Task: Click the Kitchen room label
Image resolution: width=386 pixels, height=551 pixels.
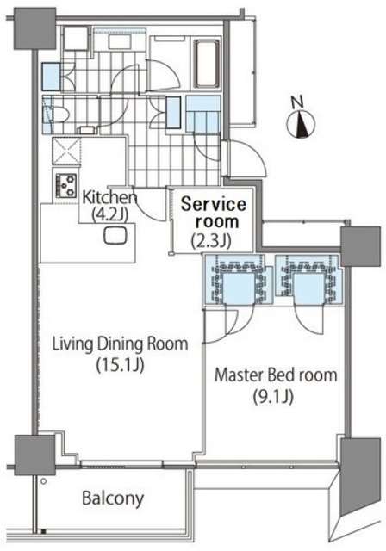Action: (109, 197)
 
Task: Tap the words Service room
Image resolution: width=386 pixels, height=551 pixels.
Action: (214, 213)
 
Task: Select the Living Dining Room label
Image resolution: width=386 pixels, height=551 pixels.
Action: (120, 344)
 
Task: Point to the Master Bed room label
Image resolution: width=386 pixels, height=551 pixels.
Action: (276, 375)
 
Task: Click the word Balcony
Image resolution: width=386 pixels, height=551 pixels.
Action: (113, 498)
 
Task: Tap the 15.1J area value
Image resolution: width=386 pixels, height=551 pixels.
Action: (120, 365)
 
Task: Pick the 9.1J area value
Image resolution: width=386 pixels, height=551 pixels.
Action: (273, 397)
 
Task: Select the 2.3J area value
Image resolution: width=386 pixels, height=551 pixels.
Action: (211, 241)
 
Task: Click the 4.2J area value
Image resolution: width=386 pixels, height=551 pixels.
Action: (109, 214)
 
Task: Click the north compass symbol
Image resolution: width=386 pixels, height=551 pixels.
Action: (301, 124)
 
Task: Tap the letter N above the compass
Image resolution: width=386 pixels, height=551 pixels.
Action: (298, 102)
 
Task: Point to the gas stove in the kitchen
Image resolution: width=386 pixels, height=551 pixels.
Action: (65, 186)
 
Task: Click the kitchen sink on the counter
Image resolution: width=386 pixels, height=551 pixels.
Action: (115, 235)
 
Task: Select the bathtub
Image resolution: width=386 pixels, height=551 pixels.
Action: (206, 63)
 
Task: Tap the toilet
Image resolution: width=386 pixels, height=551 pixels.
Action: (58, 115)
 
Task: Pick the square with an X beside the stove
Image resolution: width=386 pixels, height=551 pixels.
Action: (66, 151)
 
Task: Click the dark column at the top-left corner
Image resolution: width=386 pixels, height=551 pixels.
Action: (34, 28)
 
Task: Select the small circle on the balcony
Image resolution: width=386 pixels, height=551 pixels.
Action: (44, 481)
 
